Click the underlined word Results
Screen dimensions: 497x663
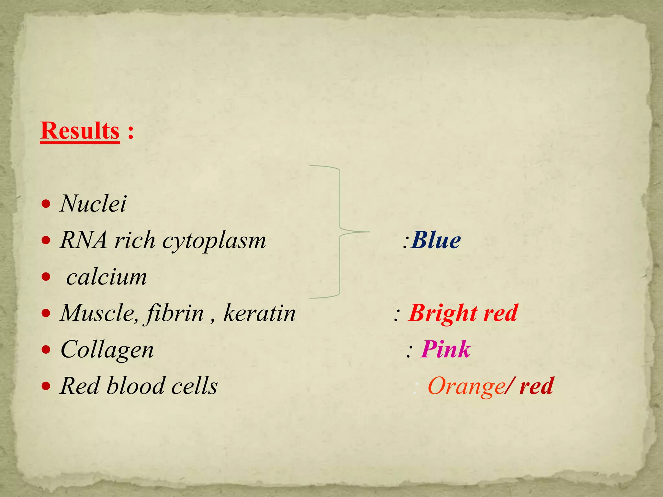click(x=80, y=131)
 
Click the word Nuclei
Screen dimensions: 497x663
click(x=93, y=204)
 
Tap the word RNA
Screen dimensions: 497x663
click(x=84, y=240)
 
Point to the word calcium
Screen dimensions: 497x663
click(x=107, y=277)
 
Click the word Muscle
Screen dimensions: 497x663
click(x=97, y=313)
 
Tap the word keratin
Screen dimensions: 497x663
click(x=259, y=313)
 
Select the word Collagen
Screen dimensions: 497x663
click(x=107, y=350)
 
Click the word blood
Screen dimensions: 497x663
click(x=136, y=386)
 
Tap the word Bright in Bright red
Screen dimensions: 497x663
click(x=443, y=313)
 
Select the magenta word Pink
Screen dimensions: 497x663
click(x=445, y=349)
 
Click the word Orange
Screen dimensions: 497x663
click(x=466, y=386)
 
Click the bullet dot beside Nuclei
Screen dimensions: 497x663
click(x=46, y=204)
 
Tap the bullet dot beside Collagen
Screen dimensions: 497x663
click(x=46, y=349)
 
